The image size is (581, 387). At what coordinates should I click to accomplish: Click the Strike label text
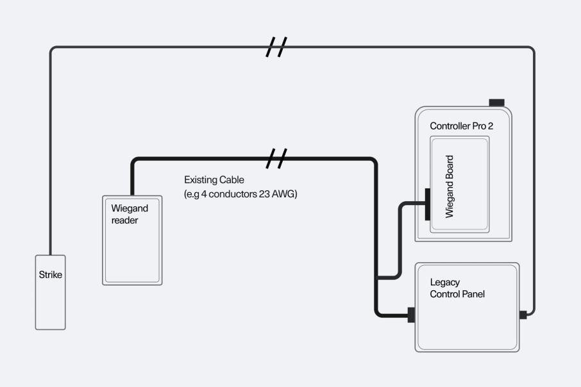51,275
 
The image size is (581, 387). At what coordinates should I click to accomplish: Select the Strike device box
51,292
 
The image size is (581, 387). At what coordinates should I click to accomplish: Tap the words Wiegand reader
130,214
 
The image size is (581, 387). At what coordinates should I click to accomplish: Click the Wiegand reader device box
132,240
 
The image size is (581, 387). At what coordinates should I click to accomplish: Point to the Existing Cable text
214,180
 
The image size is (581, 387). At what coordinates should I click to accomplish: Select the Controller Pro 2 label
462,126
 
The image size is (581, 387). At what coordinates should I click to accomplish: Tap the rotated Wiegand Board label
449,186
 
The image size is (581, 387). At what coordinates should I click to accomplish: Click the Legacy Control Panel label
457,288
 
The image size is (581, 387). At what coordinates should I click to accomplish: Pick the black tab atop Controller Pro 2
497,103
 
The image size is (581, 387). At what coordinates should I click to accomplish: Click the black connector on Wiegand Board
428,204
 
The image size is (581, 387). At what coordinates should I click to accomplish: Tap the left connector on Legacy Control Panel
411,315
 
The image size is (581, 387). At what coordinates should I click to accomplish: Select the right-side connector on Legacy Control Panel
523,315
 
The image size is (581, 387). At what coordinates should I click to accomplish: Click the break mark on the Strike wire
276,47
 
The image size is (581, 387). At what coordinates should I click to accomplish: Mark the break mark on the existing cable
276,159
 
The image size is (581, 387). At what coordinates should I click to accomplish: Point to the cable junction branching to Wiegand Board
376,277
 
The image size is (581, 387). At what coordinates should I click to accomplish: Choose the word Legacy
445,283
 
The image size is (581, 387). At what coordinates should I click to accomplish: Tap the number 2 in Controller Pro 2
491,126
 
